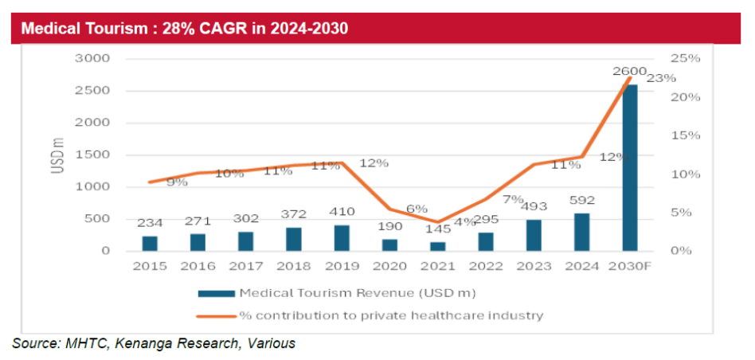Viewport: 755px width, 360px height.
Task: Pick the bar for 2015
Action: pyautogui.click(x=150, y=243)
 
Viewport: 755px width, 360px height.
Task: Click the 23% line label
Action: pyautogui.click(x=661, y=78)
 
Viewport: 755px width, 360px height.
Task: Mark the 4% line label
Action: pyautogui.click(x=465, y=222)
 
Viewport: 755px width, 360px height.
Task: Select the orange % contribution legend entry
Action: pyautogui.click(x=391, y=315)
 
